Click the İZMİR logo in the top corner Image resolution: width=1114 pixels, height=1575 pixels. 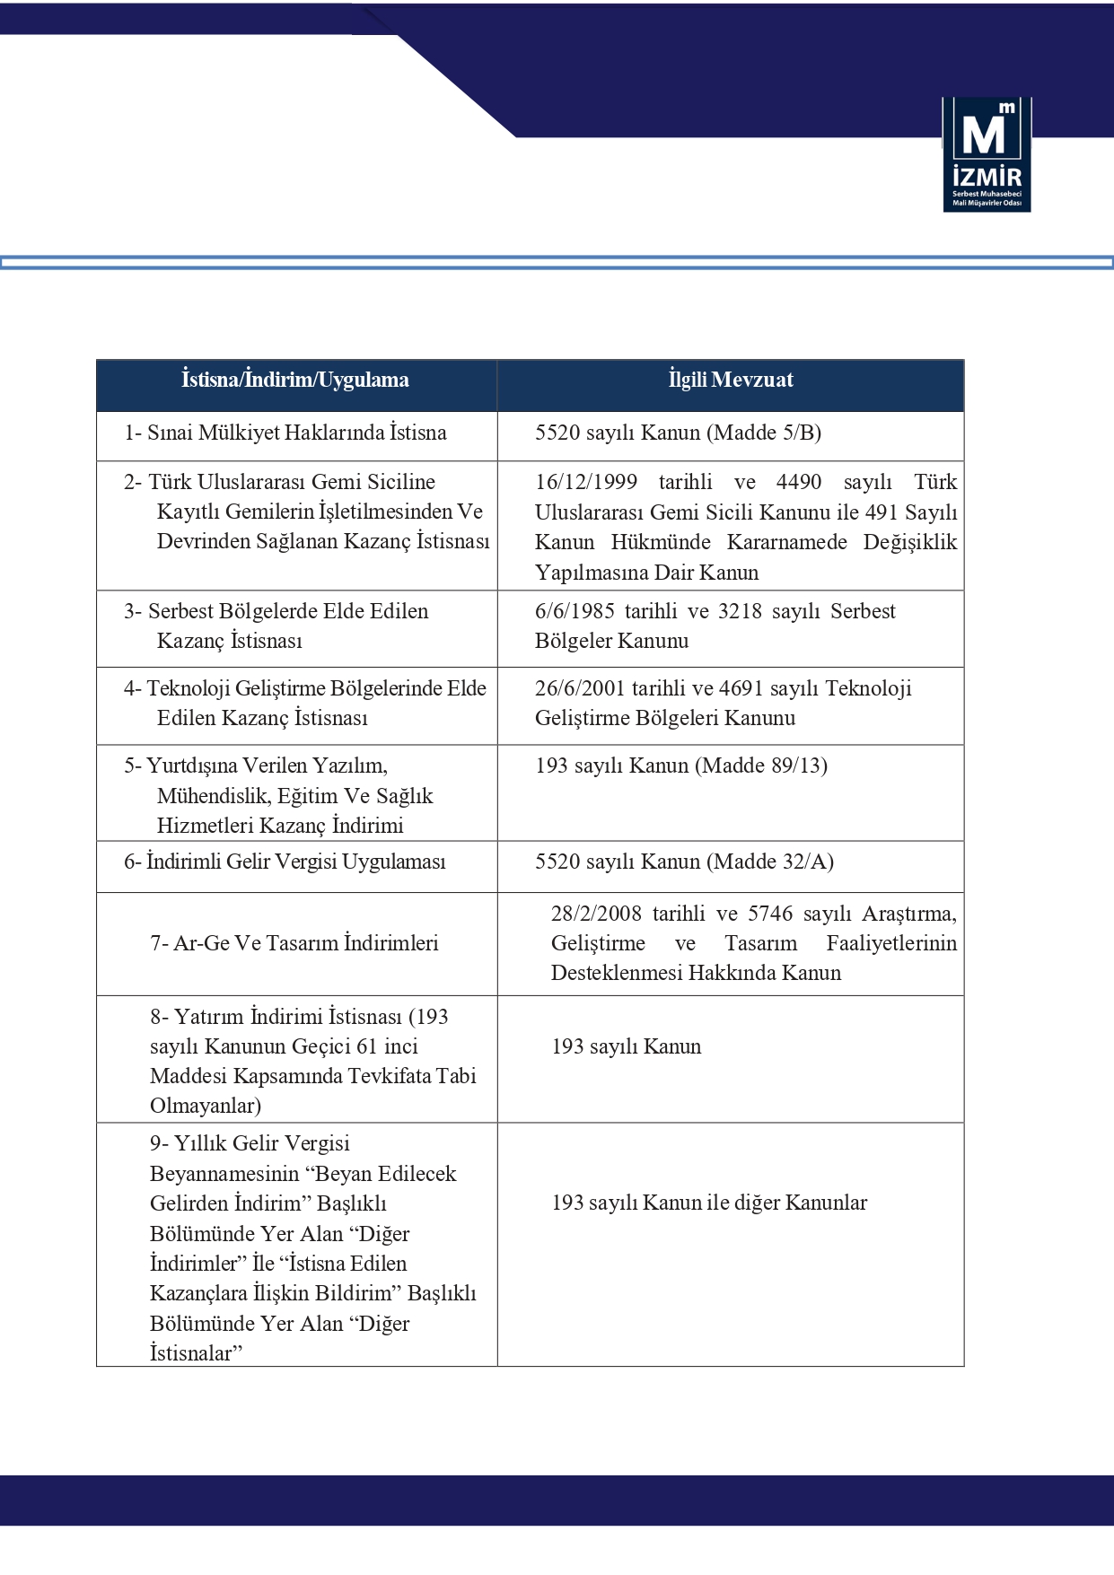coord(987,154)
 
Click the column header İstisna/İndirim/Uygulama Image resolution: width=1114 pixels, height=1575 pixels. coord(295,381)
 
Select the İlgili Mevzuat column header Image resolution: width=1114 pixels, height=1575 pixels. coord(731,381)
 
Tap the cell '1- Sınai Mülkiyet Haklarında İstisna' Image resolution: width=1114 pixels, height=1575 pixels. coord(285,433)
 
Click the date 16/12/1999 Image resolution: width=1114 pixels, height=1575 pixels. coord(586,482)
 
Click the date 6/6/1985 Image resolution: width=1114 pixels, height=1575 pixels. coord(575,611)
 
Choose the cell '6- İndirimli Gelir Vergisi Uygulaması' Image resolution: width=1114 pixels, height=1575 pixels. coord(285,862)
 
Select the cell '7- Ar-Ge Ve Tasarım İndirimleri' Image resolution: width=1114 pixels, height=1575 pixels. coord(294,943)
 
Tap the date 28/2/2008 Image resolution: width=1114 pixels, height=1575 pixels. coord(596,914)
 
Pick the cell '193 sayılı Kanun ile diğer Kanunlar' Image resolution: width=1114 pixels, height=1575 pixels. coord(709,1203)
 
